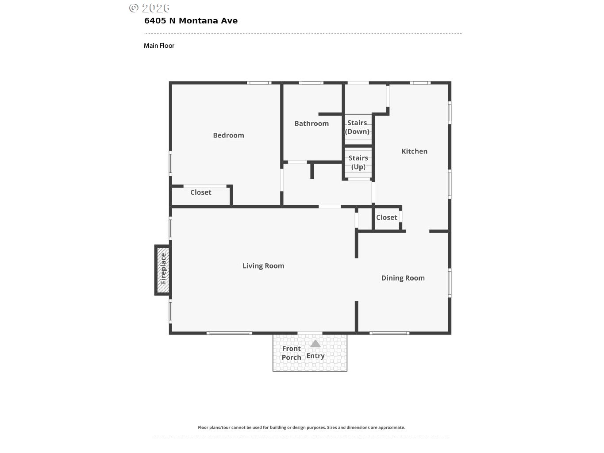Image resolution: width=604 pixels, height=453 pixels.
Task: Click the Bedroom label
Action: [228, 135]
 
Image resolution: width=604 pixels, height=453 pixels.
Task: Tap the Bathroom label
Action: [312, 123]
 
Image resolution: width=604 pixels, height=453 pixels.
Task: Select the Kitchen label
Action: [414, 151]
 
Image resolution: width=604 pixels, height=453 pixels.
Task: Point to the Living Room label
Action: [263, 266]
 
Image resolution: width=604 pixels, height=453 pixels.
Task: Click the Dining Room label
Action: [403, 278]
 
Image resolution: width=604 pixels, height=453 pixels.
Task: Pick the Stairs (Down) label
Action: [357, 127]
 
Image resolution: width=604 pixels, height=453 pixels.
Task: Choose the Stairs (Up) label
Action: [358, 162]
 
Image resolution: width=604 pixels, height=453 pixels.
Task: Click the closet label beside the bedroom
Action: [201, 192]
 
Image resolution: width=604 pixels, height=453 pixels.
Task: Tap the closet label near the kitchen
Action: [387, 217]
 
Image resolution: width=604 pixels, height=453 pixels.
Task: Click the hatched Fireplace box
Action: [162, 270]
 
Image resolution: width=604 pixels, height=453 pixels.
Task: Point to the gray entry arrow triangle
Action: [315, 344]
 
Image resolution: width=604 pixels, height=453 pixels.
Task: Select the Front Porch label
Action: [292, 353]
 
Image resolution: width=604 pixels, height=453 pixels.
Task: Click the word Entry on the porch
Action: [315, 356]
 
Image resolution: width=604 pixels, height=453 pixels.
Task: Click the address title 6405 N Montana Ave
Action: [191, 21]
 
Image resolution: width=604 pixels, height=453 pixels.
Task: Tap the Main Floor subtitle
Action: [159, 46]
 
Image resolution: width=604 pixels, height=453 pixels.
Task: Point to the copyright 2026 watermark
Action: [150, 8]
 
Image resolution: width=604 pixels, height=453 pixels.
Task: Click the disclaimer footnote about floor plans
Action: [302, 427]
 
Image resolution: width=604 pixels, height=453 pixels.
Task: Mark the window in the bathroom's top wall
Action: [311, 83]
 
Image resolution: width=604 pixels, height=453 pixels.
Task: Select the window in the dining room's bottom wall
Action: [389, 333]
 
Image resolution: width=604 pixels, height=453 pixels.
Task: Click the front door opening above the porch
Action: [310, 333]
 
